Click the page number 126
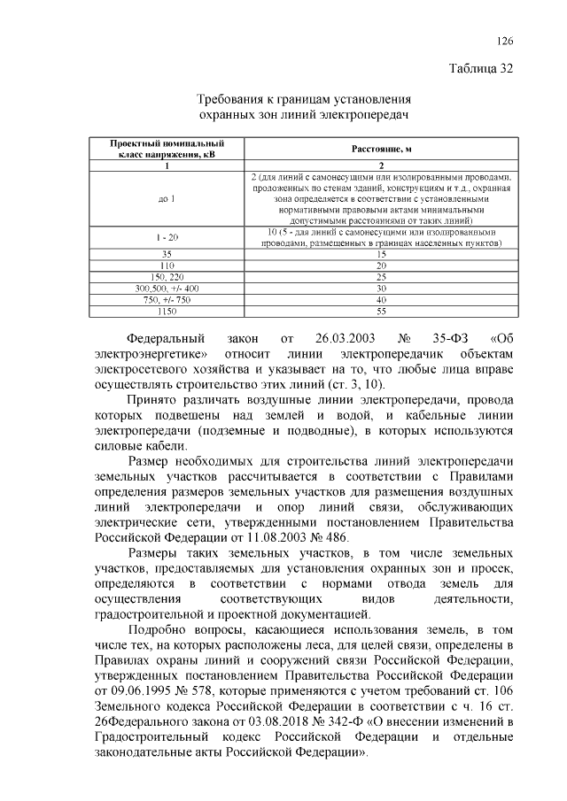(505, 41)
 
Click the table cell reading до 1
(167, 198)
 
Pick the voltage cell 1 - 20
(167, 237)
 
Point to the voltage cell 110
(167, 265)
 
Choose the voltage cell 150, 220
(167, 276)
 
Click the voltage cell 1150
(167, 312)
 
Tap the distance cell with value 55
(382, 312)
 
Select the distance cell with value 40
(382, 300)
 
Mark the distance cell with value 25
(382, 276)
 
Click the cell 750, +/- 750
(167, 300)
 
